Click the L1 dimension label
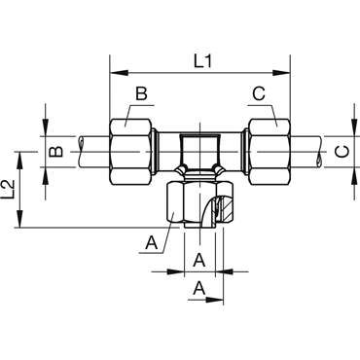click(202, 61)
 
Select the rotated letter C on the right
click(342, 152)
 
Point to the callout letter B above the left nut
click(141, 93)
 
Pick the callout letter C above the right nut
click(259, 93)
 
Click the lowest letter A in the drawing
click(199, 288)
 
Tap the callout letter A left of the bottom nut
click(152, 242)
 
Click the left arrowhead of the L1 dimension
click(119, 73)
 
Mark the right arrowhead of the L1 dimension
click(281, 73)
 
